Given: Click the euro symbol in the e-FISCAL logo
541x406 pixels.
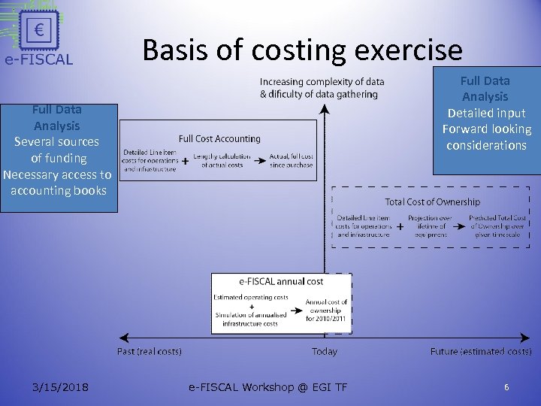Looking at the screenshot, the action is (x=38, y=30).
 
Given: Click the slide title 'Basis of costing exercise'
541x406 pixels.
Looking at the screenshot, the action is (x=302, y=50).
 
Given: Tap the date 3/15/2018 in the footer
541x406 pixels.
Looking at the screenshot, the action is (x=60, y=387).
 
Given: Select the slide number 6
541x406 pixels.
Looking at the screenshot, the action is (x=506, y=387).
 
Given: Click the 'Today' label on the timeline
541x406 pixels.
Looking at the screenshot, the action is (x=325, y=351).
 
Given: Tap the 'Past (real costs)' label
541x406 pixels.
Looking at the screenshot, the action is (x=150, y=351).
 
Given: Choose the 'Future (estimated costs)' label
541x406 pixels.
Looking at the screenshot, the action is (x=481, y=351).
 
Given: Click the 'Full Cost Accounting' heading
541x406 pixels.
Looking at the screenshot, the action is (x=219, y=138).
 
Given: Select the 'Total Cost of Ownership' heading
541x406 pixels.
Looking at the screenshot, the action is (x=432, y=201).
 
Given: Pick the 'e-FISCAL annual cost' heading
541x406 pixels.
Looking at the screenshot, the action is (x=281, y=281).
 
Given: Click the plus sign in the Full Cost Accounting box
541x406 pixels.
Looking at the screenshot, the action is (x=185, y=160).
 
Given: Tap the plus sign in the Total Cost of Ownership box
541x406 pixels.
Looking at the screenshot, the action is (x=400, y=226).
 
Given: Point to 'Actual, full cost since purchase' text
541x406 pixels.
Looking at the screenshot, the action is (x=292, y=160).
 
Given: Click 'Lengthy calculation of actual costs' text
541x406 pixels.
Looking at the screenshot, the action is (x=222, y=160).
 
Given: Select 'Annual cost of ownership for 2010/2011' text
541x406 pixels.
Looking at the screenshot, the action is (x=324, y=310).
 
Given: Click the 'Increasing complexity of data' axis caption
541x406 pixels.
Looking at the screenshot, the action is (x=322, y=81).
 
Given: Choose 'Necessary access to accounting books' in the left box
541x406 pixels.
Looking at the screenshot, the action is (x=58, y=183).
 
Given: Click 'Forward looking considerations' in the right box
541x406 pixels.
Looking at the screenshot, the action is (x=486, y=137).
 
